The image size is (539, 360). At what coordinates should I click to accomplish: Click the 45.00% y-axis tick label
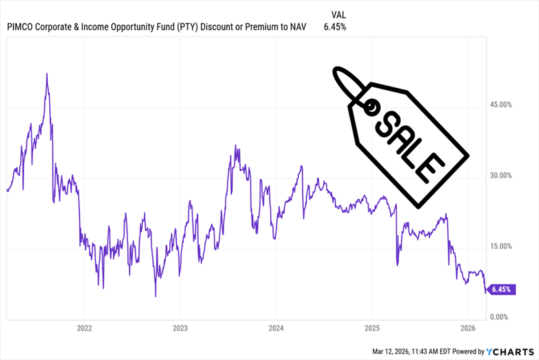tap(500, 105)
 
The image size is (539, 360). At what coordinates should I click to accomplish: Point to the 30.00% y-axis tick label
tap(500, 176)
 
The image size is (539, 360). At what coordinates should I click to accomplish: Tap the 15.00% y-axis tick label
tap(500, 247)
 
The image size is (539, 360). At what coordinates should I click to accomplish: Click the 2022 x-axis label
tap(84, 330)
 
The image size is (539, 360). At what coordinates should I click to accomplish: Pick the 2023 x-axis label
tap(180, 330)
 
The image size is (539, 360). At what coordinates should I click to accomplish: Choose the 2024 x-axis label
tap(276, 330)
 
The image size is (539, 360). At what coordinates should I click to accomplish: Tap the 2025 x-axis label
tap(372, 330)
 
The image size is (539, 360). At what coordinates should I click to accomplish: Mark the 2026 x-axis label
tap(468, 330)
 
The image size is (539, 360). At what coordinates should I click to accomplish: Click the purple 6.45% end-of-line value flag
tap(501, 289)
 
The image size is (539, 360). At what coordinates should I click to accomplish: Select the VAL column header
tap(341, 14)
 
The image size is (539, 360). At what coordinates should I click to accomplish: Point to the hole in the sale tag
tap(370, 105)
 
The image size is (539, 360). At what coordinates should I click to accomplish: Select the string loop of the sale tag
tap(348, 83)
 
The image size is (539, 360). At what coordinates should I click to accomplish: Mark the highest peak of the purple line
tap(46, 73)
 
